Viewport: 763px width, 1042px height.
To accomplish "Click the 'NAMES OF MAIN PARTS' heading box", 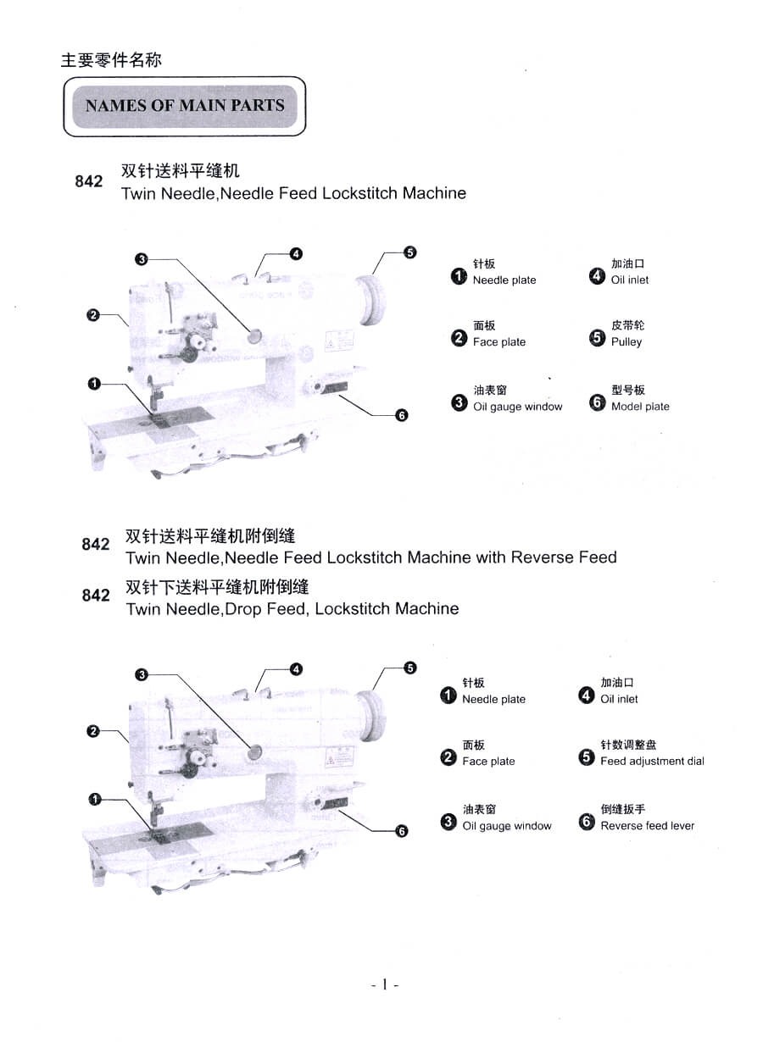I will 185,106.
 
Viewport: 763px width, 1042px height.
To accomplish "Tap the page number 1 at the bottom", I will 385,984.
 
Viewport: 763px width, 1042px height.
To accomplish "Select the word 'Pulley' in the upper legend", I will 627,342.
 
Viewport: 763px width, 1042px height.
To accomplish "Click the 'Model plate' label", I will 640,407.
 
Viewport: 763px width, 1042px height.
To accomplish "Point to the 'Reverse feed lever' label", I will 647,826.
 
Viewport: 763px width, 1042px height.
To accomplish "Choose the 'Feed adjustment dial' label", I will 652,761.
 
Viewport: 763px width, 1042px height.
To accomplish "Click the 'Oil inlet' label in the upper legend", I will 630,280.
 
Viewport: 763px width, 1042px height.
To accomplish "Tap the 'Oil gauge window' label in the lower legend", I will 507,826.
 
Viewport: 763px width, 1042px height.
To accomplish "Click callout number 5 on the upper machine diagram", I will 410,252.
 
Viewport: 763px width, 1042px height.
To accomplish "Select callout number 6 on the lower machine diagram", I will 402,831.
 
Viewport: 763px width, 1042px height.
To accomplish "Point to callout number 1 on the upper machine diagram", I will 94,384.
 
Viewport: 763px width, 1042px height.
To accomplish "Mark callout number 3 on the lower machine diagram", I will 142,674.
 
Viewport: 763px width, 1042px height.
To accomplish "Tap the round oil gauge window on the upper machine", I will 253,336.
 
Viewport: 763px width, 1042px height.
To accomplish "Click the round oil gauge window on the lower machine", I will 253,751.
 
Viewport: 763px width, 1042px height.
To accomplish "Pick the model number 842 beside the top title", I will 89,181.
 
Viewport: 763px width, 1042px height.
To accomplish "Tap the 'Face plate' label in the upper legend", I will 499,342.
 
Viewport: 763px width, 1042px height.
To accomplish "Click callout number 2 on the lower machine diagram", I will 94,731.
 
